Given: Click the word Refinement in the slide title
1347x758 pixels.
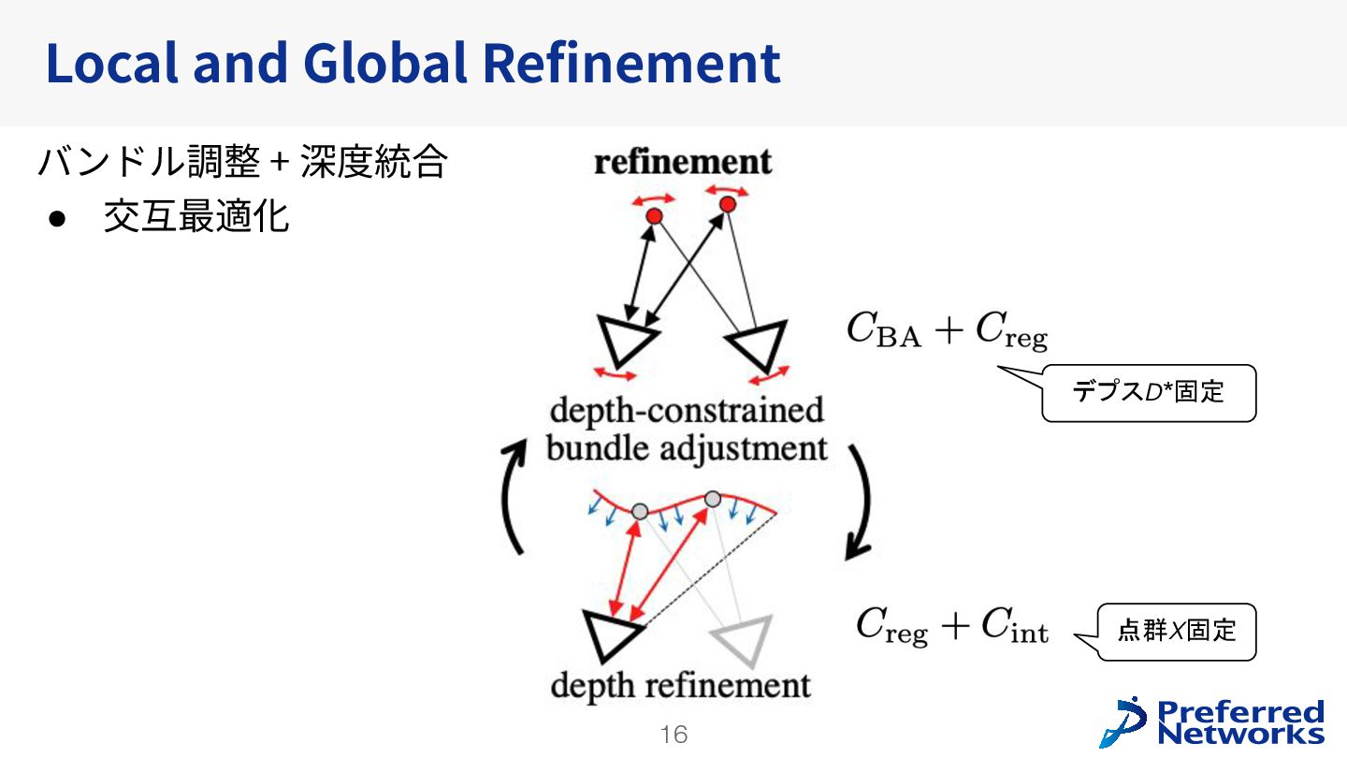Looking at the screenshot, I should pyautogui.click(x=631, y=63).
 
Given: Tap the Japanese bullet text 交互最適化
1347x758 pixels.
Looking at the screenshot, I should pyautogui.click(x=196, y=217).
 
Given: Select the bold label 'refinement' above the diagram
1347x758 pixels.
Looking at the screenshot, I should pyautogui.click(x=683, y=162).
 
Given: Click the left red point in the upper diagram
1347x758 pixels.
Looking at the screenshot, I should pyautogui.click(x=655, y=216).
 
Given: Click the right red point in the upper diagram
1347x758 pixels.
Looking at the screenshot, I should pyautogui.click(x=728, y=203).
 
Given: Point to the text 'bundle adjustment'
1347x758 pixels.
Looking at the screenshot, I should pyautogui.click(x=687, y=448).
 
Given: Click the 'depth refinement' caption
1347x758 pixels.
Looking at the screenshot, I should pyautogui.click(x=680, y=685).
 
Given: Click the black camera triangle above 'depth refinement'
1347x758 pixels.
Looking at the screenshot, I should pyautogui.click(x=610, y=634).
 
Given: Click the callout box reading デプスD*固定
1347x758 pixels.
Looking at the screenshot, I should pyautogui.click(x=1148, y=393).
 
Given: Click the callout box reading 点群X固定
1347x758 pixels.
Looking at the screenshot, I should pyautogui.click(x=1176, y=632).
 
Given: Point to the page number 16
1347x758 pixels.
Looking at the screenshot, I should pyautogui.click(x=673, y=735).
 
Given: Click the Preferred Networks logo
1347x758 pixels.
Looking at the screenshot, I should pyautogui.click(x=1212, y=722).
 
